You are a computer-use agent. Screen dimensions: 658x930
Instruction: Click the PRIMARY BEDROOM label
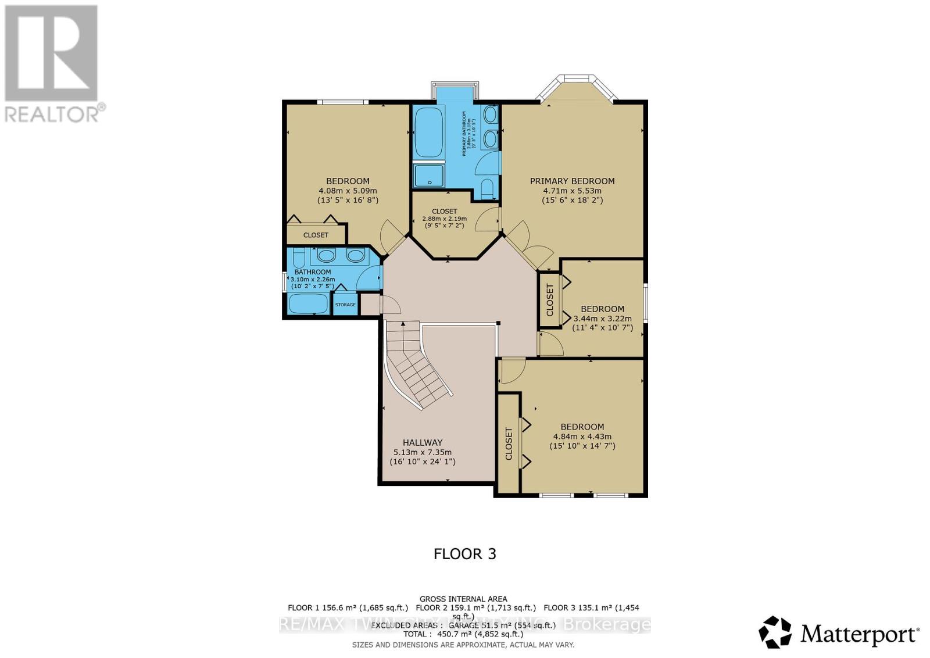572,181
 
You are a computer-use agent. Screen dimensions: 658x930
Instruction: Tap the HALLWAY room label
423,442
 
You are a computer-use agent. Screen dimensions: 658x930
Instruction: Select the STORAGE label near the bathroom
345,305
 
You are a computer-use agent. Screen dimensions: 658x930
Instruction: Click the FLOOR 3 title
464,554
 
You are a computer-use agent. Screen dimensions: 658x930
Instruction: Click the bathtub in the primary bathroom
428,132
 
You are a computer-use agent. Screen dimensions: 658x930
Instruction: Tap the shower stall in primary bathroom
428,176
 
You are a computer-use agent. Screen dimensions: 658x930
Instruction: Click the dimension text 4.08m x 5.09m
348,191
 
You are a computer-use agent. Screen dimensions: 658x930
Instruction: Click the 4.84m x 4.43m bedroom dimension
582,437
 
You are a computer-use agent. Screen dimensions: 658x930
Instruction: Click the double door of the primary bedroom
529,244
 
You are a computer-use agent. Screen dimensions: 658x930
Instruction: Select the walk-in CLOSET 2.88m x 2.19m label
444,212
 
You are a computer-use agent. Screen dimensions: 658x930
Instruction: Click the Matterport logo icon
775,632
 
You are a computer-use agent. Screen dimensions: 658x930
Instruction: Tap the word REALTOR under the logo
52,114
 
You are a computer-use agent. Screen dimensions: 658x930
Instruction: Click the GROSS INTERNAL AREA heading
463,599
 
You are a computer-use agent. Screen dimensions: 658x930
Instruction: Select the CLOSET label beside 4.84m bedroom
509,444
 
